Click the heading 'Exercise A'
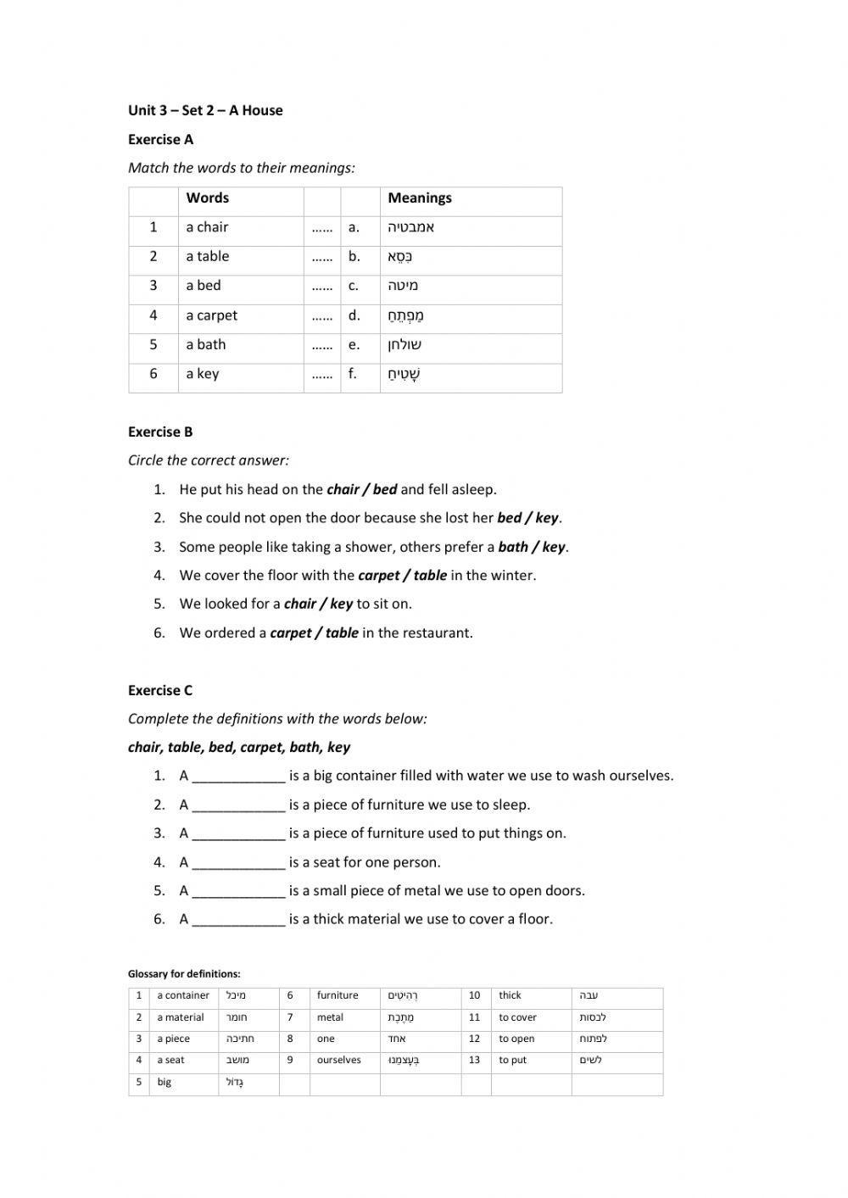pos(160,139)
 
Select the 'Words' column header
pos(207,198)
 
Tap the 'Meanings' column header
pos(420,198)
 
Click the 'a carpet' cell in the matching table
pos(211,315)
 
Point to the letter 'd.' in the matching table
pos(354,315)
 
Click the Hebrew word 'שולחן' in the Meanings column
pos(404,345)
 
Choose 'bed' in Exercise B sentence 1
pos(384,489)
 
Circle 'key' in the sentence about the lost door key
pos(547,518)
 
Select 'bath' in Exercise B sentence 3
pos(513,547)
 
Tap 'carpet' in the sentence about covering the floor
pos(378,576)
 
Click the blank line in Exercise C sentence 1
pos(238,777)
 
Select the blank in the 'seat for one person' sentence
pos(238,863)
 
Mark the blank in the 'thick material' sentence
pos(238,920)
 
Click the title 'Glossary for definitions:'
pos(184,974)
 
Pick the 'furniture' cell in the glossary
pos(338,995)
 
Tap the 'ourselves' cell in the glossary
pos(338,1060)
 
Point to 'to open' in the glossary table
pos(516,1039)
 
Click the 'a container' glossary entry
pos(182,995)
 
